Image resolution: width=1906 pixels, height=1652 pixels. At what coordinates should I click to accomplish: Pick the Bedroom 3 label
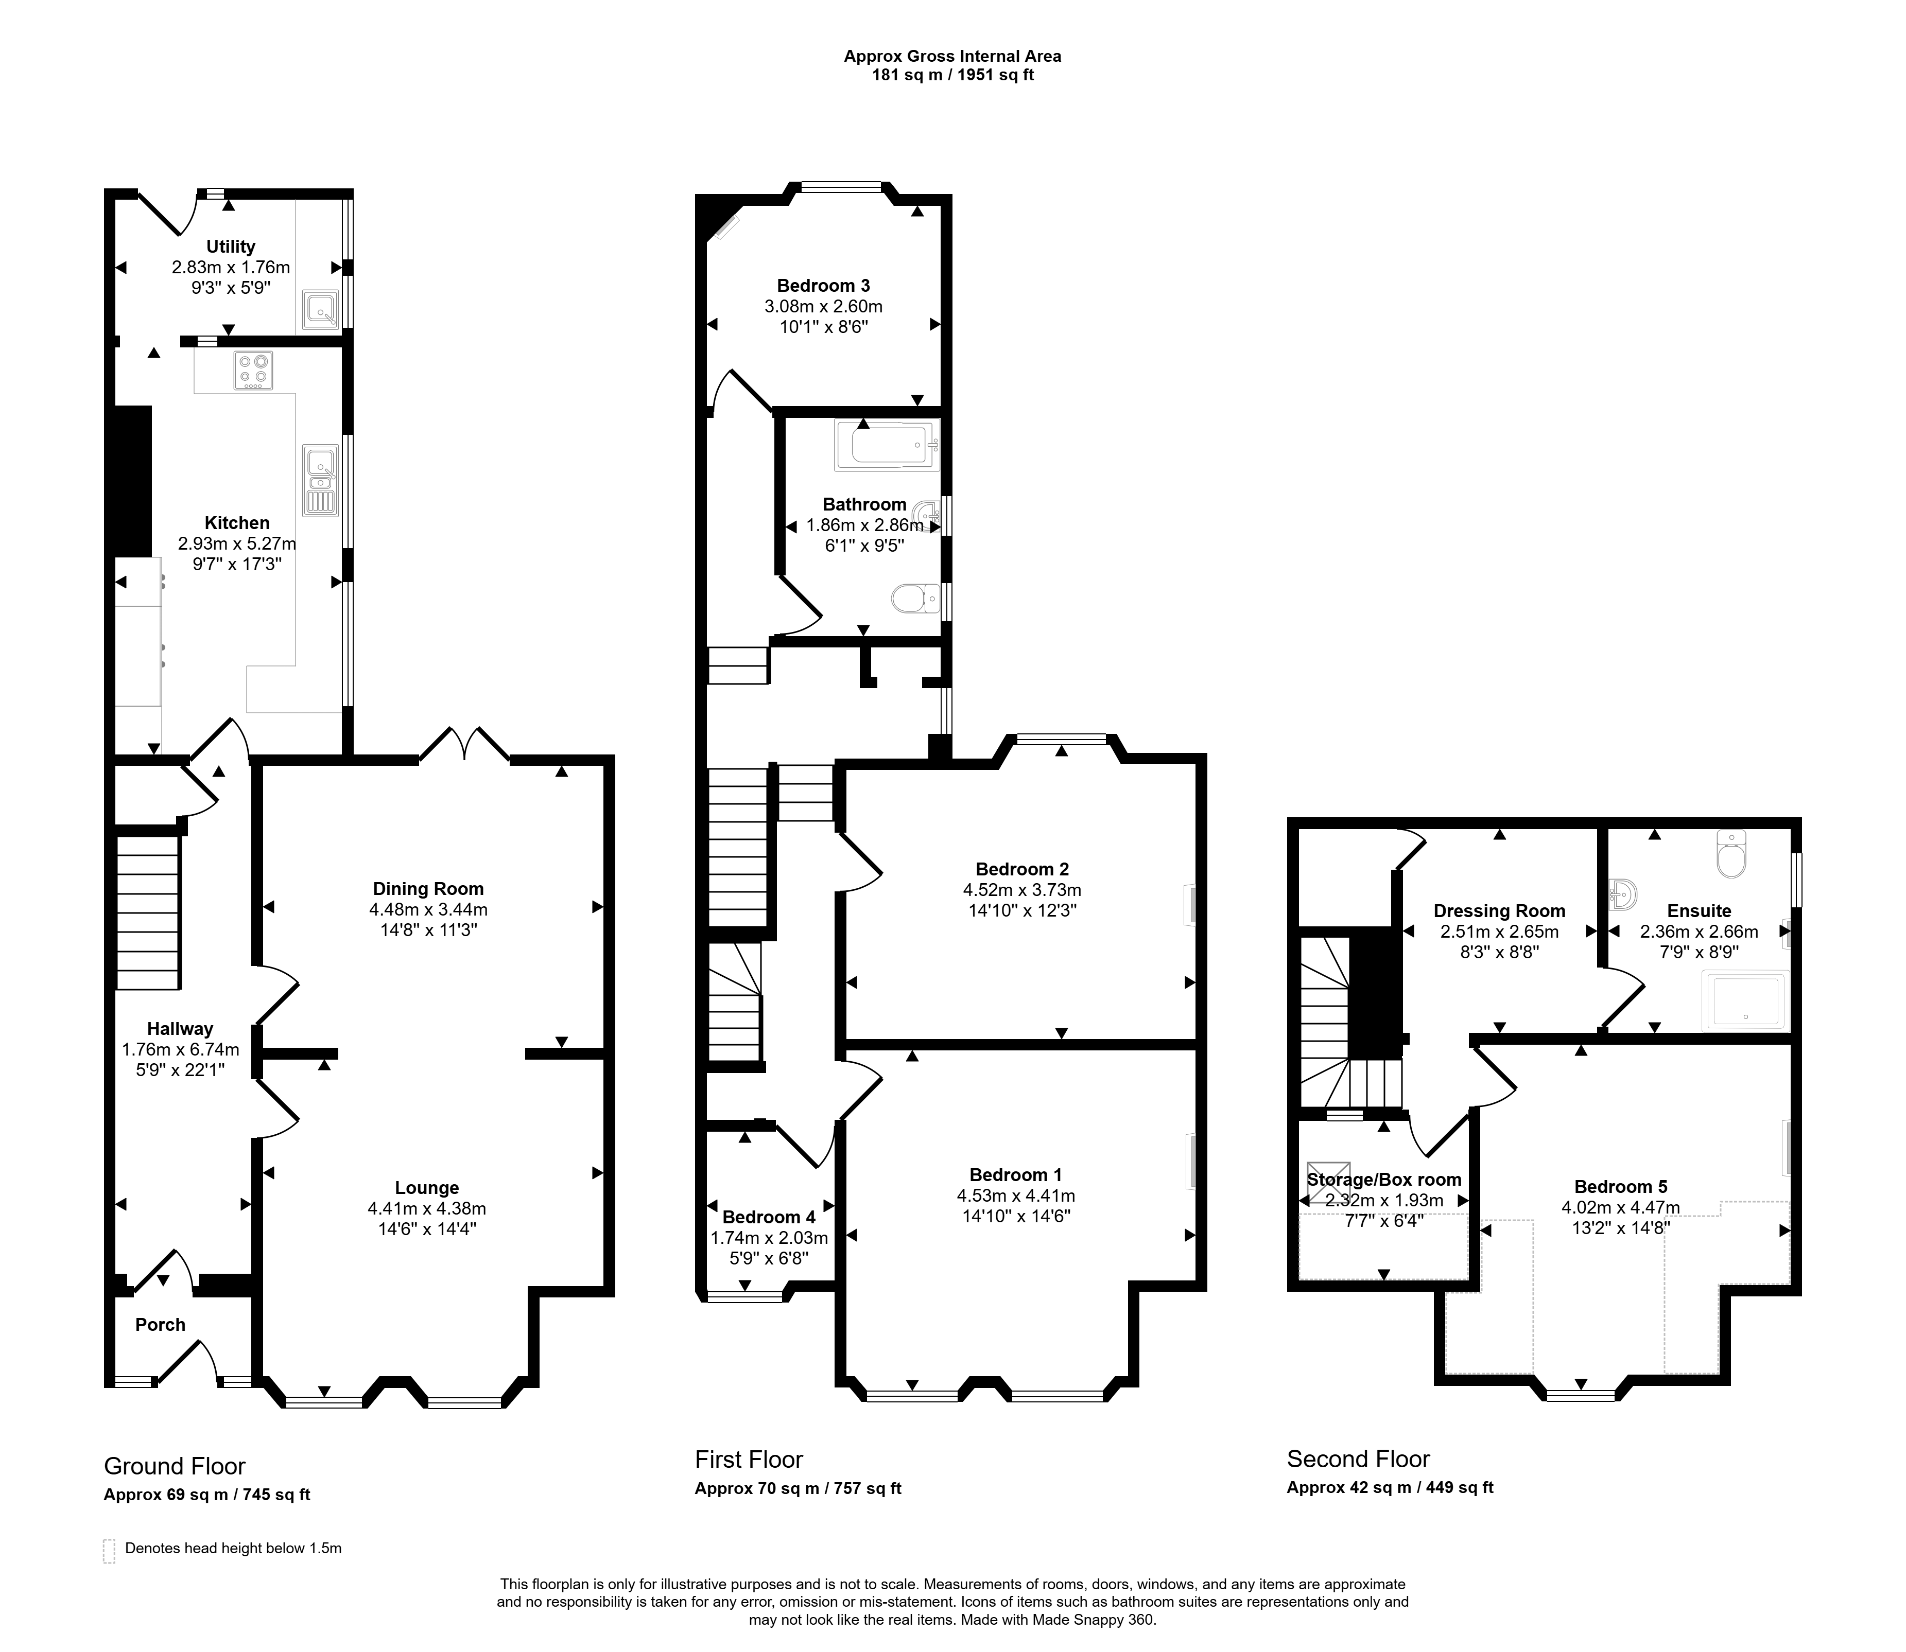coord(823,286)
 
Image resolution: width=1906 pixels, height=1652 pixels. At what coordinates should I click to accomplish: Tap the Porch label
coord(161,1325)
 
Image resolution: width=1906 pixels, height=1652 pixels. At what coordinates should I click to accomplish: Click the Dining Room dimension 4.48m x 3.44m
coord(429,910)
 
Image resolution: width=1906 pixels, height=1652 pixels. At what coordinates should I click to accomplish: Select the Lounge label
coord(427,1188)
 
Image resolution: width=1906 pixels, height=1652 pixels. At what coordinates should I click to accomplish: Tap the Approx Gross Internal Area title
coord(952,56)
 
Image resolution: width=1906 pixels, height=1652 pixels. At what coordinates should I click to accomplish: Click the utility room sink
coord(319,311)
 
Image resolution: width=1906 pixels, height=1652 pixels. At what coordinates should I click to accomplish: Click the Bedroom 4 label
coord(769,1217)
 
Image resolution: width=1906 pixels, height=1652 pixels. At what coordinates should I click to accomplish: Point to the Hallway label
coord(180,1029)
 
